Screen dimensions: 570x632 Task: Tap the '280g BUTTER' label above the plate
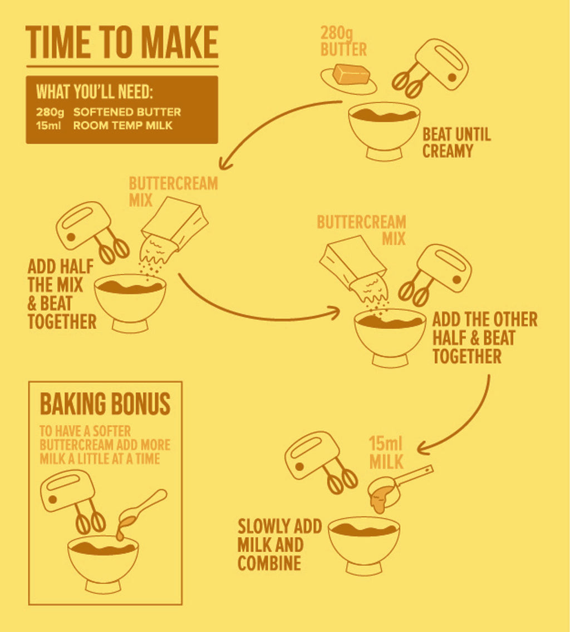coord(343,42)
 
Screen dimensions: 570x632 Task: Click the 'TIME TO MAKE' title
coord(122,42)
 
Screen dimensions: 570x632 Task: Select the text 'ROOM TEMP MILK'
coord(122,126)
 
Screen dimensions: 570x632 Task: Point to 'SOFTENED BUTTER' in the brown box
coord(127,112)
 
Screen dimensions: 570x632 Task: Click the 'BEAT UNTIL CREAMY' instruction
coord(456,143)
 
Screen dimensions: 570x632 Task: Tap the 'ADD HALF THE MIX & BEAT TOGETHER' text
coord(62,294)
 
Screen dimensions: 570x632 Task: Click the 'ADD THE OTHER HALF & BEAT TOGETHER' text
coord(485,338)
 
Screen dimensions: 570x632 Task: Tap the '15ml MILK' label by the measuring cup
coord(386,453)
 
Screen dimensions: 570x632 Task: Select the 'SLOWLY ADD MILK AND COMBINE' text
coord(279,545)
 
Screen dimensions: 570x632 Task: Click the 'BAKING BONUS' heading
coord(105,404)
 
